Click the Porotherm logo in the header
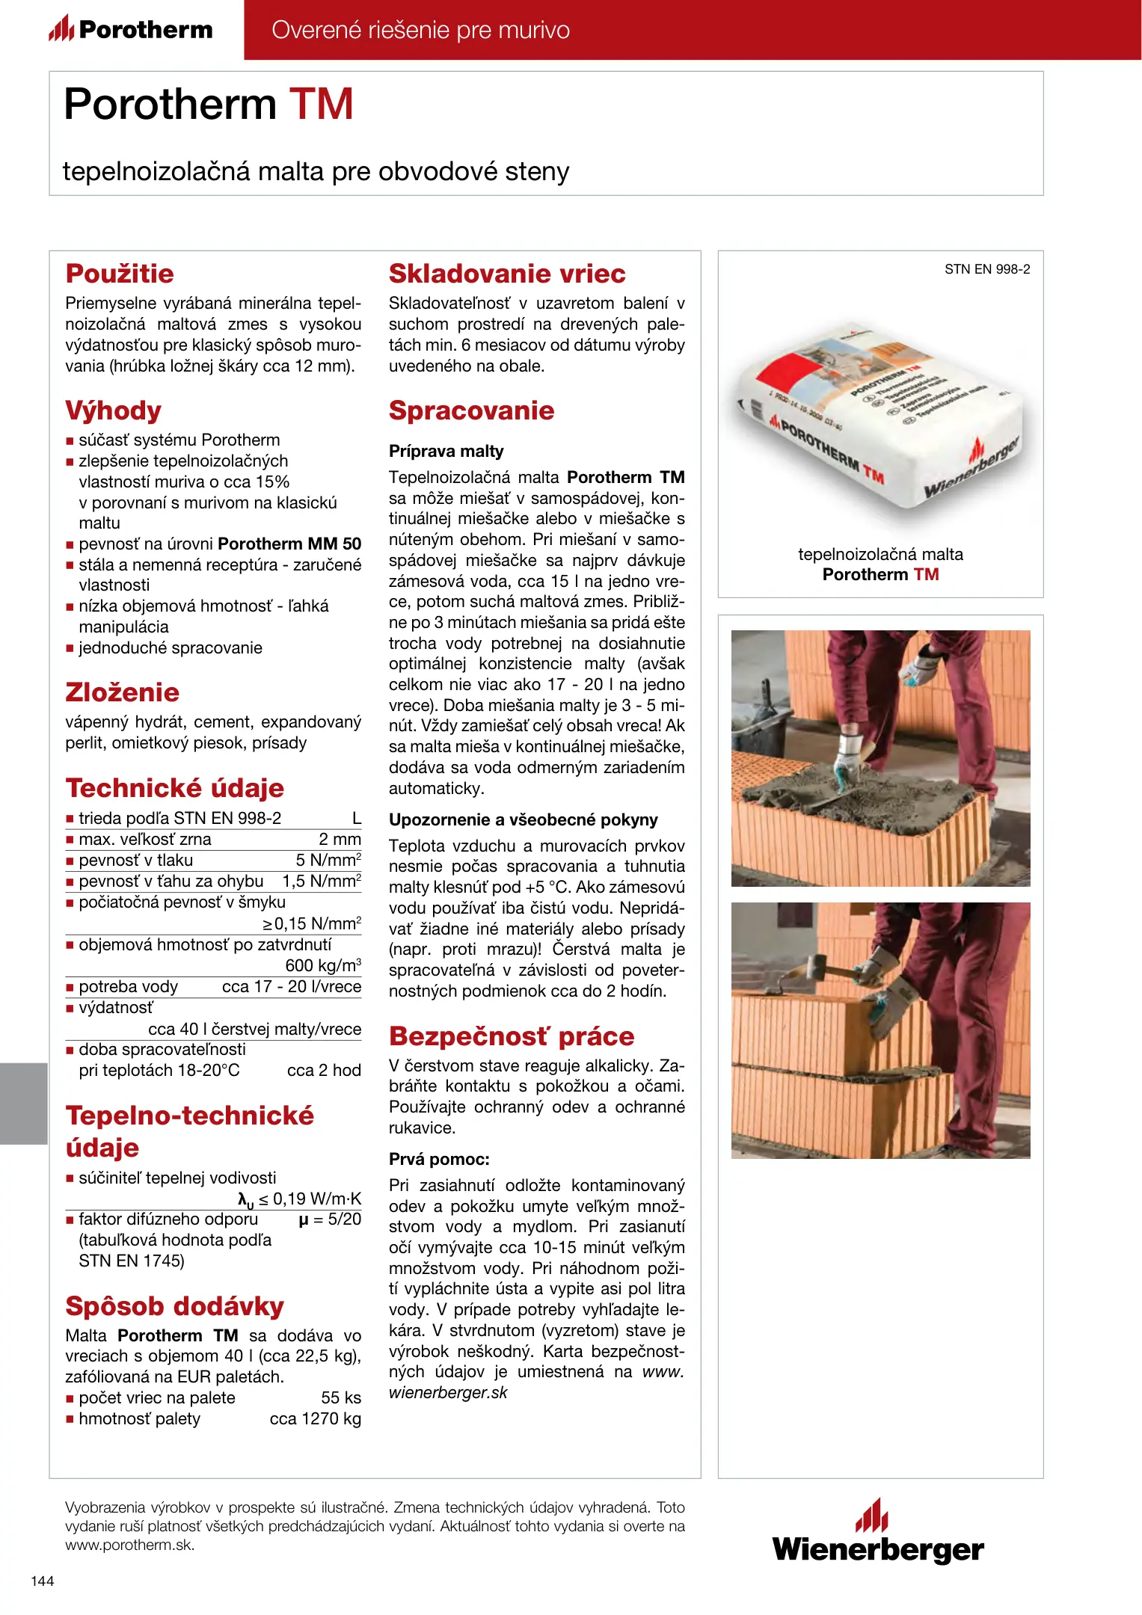coord(132,30)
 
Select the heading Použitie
coord(120,274)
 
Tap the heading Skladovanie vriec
coord(507,274)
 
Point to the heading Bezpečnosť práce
coord(512,1036)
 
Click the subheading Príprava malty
coord(446,451)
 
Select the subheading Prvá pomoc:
coord(439,1159)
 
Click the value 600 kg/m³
coord(323,965)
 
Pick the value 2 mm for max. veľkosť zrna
coord(340,839)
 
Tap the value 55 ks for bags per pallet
coord(341,1397)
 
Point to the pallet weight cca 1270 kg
coord(315,1418)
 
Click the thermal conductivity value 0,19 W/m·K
coord(316,1199)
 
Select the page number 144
coord(43,1581)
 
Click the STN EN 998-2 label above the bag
coord(986,269)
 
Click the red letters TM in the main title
coord(321,104)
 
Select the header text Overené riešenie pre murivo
coord(420,30)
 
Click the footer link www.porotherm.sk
coord(129,1545)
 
